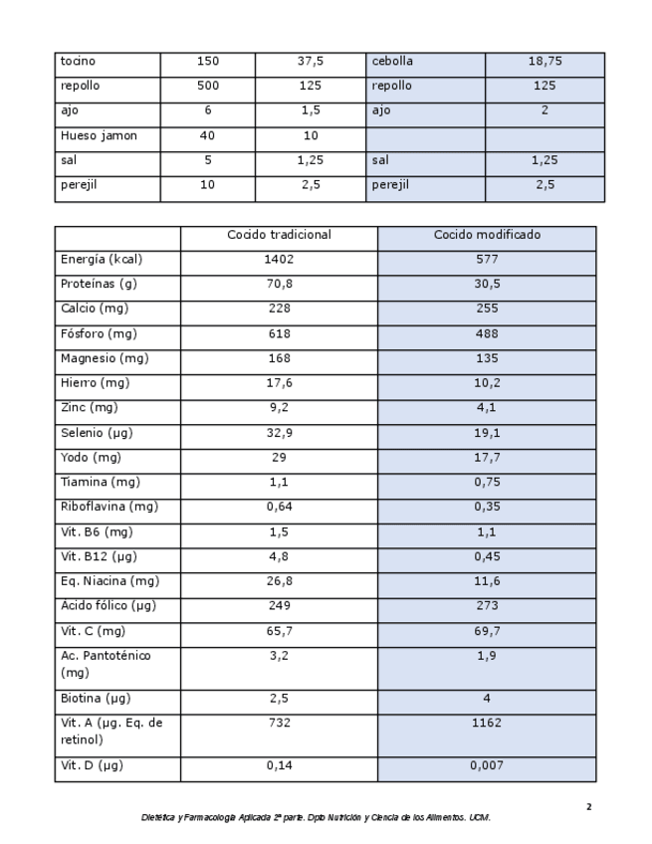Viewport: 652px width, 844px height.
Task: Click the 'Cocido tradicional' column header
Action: tap(279, 236)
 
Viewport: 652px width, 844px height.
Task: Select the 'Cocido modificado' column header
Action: tap(487, 236)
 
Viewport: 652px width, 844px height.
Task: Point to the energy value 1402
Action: tap(279, 260)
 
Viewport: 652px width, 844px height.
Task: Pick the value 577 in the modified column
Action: tap(487, 260)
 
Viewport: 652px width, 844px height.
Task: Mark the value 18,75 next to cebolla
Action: tap(544, 62)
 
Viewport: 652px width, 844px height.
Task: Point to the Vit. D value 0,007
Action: tap(487, 765)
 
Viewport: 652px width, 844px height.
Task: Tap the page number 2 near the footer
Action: tap(588, 807)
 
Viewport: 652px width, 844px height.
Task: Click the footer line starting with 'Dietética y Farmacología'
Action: tap(316, 818)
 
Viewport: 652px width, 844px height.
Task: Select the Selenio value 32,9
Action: tap(279, 433)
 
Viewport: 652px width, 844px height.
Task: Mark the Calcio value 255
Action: tap(487, 309)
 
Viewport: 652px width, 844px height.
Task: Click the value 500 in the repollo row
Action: tap(208, 87)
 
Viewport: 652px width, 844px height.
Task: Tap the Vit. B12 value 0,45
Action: tap(487, 556)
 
